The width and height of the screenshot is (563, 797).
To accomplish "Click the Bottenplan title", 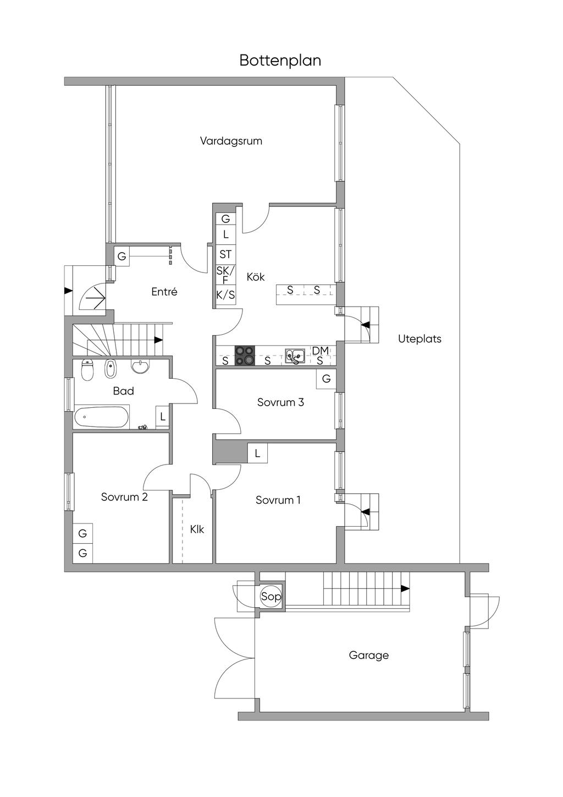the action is point(280,61).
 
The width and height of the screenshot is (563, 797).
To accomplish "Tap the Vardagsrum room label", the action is point(231,141).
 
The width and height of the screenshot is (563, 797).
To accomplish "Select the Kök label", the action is point(256,277).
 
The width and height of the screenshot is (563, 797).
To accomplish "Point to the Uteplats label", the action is point(420,339).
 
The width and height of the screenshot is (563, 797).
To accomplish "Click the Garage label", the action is point(368,655).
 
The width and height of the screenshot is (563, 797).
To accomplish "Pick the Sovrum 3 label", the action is point(280,402).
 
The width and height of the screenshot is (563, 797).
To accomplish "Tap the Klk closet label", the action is point(197,529).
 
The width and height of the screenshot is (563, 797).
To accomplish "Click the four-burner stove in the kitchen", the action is point(245,356).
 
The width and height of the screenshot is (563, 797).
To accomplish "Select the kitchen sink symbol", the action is point(295,355).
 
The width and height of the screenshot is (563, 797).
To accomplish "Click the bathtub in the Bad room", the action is point(101,417).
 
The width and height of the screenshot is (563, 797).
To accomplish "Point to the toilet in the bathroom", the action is point(87,370).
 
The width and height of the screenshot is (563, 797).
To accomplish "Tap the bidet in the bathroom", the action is point(111,368).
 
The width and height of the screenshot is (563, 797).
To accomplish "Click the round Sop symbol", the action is point(271,596).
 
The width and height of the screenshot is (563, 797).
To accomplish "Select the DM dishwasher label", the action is point(320,351).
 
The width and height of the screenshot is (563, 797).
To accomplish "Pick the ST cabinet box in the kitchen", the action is point(225,254).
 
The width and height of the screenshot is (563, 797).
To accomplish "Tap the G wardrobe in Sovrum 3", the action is point(326,379).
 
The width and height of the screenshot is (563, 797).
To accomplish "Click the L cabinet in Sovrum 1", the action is point(257,453).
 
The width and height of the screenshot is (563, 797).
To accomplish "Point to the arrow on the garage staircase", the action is point(405,588).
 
